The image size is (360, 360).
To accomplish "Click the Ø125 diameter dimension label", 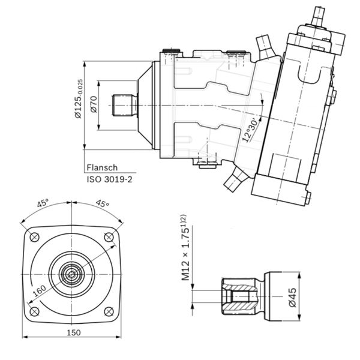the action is coord(79,99).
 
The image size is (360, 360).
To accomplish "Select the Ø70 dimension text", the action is coord(94,104).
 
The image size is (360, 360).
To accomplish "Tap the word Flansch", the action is coord(102,168).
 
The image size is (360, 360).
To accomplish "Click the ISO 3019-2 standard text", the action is coord(110,179).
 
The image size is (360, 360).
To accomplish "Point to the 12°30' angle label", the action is coord(252,130).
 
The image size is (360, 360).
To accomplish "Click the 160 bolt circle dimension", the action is coord(39,291).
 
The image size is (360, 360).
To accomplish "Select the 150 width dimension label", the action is coord(74,332).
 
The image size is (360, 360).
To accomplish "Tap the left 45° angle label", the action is coord(43,203).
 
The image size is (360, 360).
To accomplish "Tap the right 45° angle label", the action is coord(103,203).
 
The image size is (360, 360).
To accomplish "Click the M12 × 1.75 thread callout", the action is coord(185,247).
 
